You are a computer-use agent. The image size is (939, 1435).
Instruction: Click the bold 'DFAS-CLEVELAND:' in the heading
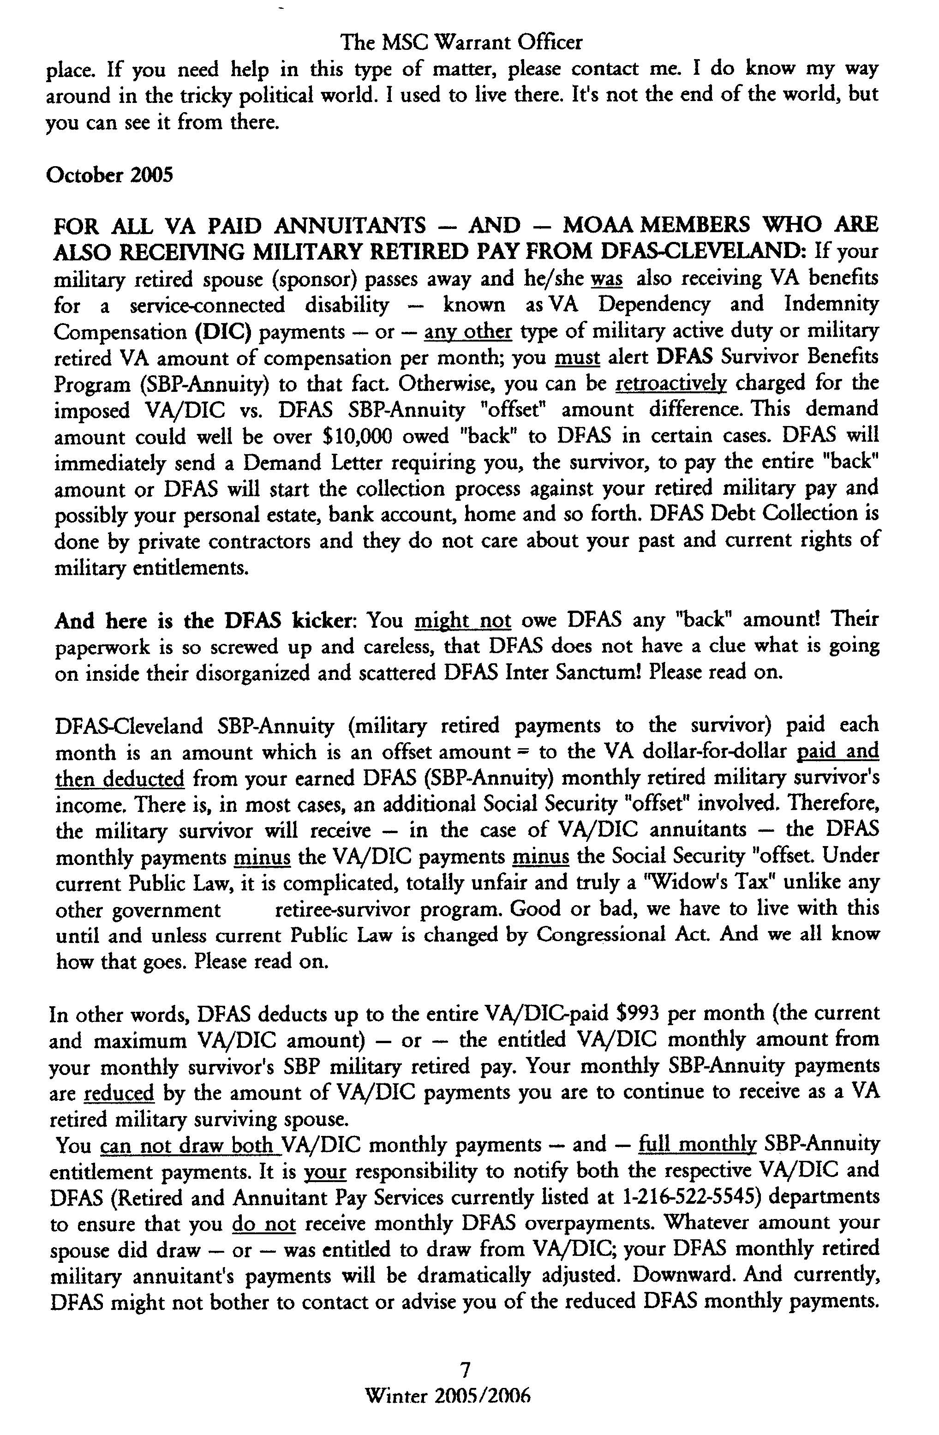click(701, 252)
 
